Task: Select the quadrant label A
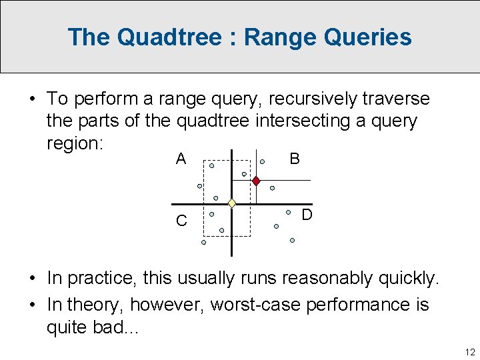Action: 181,159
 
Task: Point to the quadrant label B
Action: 295,159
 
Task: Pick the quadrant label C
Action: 181,221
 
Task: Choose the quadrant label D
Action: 307,215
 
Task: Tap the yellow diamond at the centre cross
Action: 231,203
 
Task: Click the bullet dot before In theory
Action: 32,305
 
